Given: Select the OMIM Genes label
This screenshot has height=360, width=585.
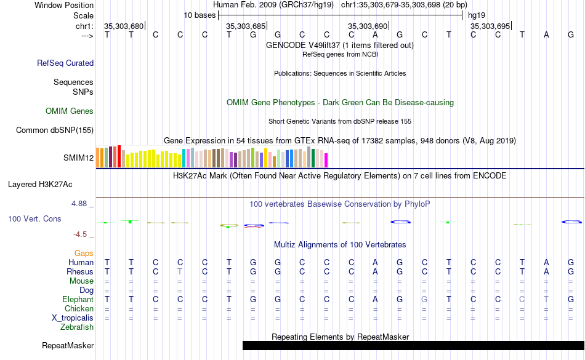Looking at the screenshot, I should pyautogui.click(x=70, y=111).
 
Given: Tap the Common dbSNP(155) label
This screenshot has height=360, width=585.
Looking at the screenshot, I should pyautogui.click(x=55, y=130).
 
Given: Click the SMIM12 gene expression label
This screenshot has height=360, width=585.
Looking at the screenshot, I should pyautogui.click(x=78, y=158).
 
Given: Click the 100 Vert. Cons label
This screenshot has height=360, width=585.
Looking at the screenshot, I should pyautogui.click(x=34, y=218).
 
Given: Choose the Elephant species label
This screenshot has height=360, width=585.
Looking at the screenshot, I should pyautogui.click(x=78, y=299).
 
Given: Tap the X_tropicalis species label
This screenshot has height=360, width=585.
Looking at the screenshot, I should pyautogui.click(x=73, y=318).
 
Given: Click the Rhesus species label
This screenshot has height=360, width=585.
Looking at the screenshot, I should pyautogui.click(x=81, y=271).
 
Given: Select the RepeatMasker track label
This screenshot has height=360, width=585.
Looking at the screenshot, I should pyautogui.click(x=67, y=346).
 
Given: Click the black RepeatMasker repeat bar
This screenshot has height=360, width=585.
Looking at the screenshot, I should pyautogui.click(x=413, y=346).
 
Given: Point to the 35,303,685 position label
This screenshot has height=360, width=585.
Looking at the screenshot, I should pyautogui.click(x=246, y=26).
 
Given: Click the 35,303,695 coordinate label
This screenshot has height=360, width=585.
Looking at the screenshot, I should pyautogui.click(x=490, y=26).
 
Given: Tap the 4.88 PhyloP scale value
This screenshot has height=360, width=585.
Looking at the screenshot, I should pyautogui.click(x=81, y=203).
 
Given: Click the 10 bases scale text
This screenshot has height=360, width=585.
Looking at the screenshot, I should pyautogui.click(x=199, y=15).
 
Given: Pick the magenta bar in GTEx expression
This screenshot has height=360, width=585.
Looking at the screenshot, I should pyautogui.click(x=326, y=159).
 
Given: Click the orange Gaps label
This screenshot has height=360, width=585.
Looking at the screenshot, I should pyautogui.click(x=84, y=253).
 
